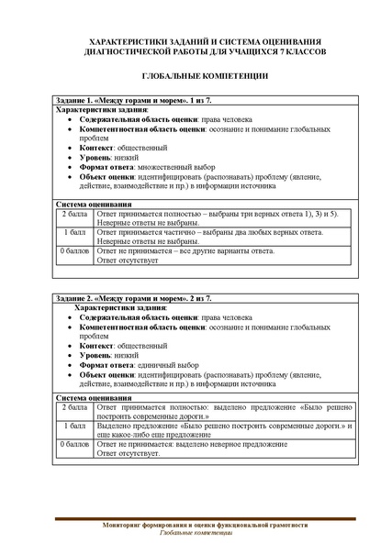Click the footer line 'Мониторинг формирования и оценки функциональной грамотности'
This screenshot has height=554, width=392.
pos(195,525)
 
